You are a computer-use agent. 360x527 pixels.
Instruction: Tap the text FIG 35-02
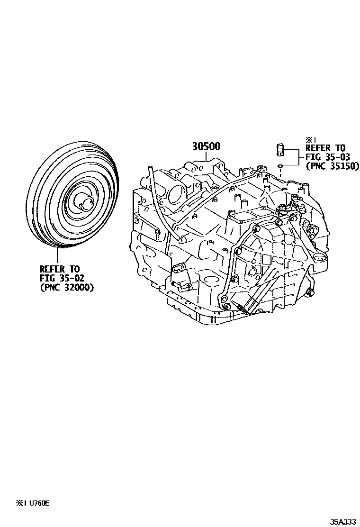(59, 278)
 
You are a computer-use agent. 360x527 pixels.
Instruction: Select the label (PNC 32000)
(67, 287)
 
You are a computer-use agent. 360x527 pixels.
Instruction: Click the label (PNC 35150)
(333, 166)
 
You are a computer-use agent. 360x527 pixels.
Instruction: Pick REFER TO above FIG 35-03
(325, 148)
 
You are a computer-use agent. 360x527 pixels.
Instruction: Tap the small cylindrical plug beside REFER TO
(280, 150)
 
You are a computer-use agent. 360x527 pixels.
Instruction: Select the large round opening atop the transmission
(175, 194)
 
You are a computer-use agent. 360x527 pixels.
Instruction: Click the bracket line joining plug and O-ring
(297, 157)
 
